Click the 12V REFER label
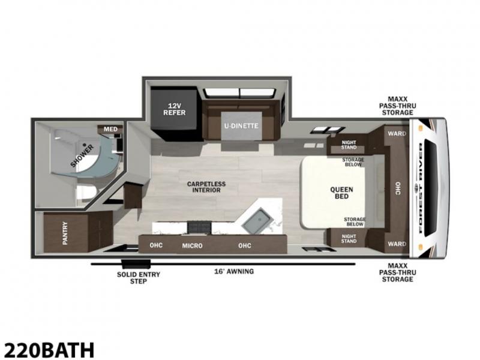[174, 109]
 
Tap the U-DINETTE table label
[241, 126]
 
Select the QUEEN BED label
[341, 193]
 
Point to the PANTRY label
[65, 233]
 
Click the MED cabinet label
[110, 129]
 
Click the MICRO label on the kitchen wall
[192, 245]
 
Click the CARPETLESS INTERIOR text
[206, 187]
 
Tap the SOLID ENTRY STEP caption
[139, 278]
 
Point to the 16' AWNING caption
[234, 271]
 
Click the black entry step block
[136, 264]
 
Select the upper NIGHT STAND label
[349, 145]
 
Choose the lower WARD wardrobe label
[397, 244]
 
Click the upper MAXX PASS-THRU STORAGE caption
[398, 106]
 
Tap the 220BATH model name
[49, 350]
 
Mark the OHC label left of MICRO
[156, 245]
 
